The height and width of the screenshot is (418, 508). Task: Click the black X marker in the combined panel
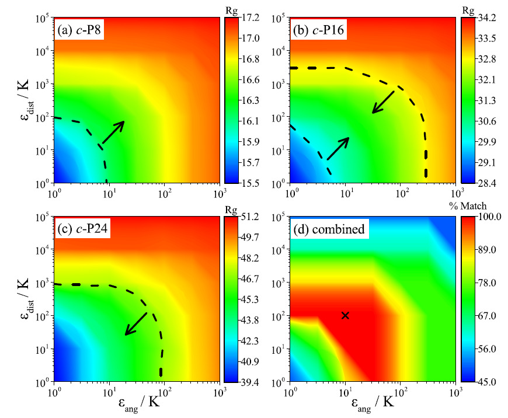[x=345, y=315]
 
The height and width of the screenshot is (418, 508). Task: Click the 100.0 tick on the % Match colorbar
[x=484, y=217]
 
